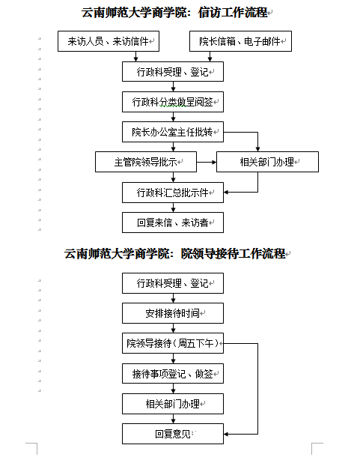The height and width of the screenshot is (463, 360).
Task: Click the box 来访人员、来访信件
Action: tap(109, 41)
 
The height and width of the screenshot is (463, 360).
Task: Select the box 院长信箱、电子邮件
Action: tap(240, 41)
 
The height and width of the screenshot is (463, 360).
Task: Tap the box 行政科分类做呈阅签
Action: tap(173, 102)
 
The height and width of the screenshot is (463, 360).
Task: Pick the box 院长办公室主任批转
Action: tap(173, 132)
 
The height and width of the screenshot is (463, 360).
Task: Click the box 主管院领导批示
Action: tap(146, 162)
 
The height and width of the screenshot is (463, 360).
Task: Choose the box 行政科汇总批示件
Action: tap(173, 193)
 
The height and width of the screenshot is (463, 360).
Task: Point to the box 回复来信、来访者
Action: tap(173, 223)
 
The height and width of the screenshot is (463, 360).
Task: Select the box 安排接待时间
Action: tap(173, 313)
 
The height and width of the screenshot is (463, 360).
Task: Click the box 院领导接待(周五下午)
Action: tap(173, 343)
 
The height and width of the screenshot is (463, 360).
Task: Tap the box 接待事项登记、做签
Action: tap(173, 374)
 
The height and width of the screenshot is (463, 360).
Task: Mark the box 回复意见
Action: tap(173, 434)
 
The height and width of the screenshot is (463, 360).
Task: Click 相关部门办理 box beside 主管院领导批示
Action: tap(268, 162)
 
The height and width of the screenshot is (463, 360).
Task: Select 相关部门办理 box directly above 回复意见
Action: tap(173, 404)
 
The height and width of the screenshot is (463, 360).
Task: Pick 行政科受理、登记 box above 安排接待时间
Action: tap(173, 283)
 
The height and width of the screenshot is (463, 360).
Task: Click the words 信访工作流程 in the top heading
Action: tap(233, 13)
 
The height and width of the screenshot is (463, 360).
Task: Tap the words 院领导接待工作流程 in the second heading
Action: tap(234, 254)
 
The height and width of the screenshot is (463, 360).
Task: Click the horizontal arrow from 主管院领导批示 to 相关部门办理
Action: tap(207, 162)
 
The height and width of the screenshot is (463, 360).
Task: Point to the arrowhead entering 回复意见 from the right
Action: tap(226, 434)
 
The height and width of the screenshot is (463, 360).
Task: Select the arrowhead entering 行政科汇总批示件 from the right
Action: tap(226, 193)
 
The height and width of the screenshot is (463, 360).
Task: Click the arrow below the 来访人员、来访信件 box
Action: tap(135, 57)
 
